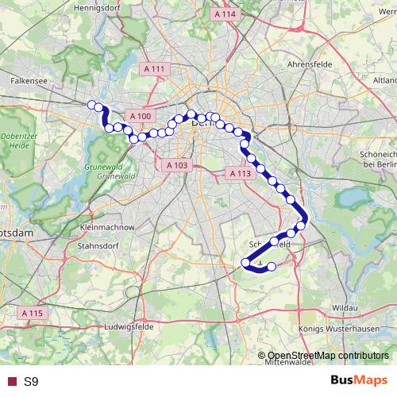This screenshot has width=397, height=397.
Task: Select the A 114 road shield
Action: tap(225, 14)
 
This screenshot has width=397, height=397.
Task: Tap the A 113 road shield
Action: tap(238, 172)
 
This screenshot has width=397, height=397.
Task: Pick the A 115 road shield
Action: tap(32, 313)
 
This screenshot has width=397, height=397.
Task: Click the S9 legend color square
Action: tap(10, 382)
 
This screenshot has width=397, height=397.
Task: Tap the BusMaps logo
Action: tap(357, 381)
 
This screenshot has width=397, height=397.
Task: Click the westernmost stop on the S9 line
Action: tap(92, 105)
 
